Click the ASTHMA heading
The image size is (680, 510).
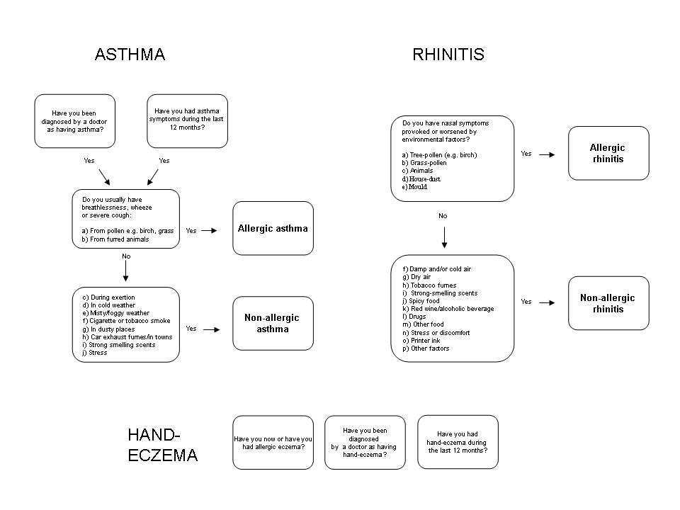(130, 55)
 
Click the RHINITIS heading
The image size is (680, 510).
(448, 55)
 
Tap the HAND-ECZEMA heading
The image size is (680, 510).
(163, 445)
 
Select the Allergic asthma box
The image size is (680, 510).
(273, 228)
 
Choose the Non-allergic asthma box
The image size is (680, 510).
(273, 323)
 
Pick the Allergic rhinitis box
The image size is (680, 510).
(608, 153)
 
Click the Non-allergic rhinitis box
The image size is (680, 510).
(608, 303)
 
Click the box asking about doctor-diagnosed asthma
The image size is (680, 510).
(74, 121)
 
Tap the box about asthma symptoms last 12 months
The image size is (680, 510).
(187, 121)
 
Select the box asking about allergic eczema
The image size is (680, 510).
(273, 442)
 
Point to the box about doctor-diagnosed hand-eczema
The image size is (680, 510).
(365, 442)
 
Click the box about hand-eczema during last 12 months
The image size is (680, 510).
(458, 442)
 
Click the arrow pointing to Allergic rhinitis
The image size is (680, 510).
(547, 154)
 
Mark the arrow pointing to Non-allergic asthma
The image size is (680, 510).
(212, 329)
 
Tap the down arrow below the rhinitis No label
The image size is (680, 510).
(444, 237)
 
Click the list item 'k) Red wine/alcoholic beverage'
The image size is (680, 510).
(448, 309)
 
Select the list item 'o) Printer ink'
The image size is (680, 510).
(421, 341)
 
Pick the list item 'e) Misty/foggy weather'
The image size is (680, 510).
(115, 313)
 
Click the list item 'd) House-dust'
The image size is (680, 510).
(421, 179)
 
